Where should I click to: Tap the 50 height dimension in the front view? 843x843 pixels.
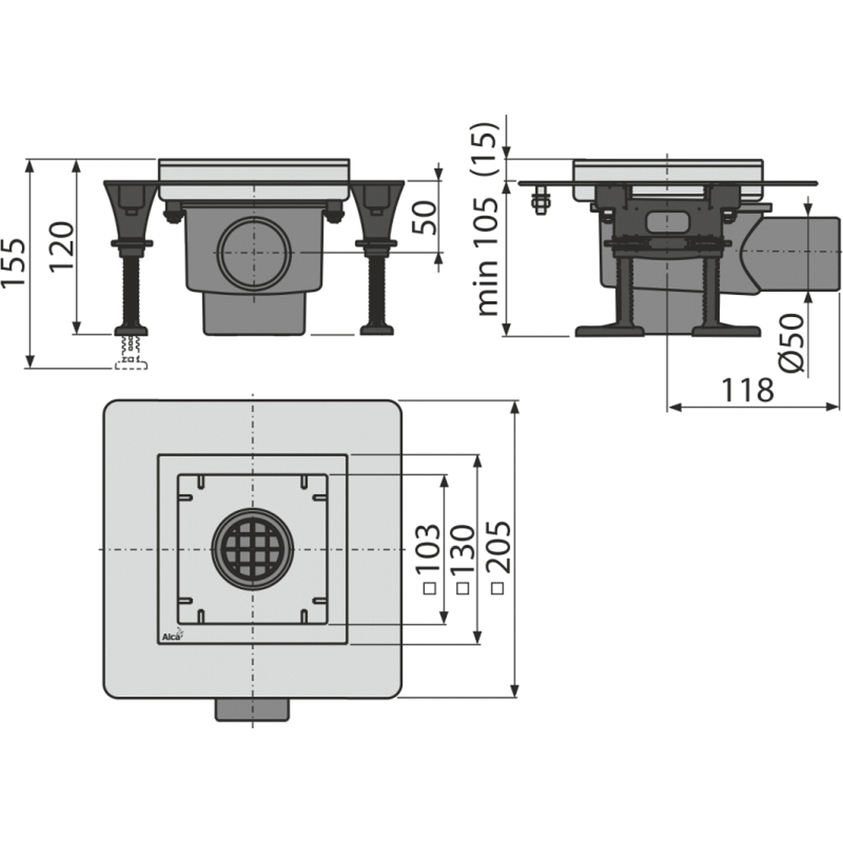423,216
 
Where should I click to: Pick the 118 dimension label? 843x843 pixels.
747,389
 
